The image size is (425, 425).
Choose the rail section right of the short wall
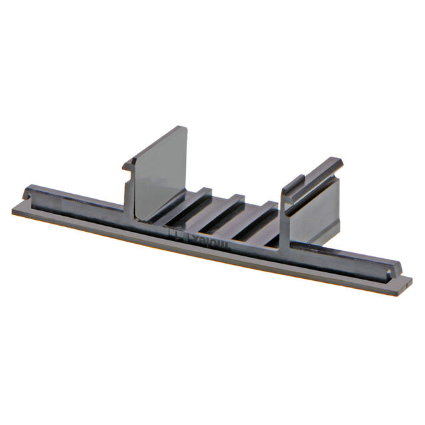click(x=352, y=256)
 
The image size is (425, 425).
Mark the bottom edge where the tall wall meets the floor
click(x=143, y=219)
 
